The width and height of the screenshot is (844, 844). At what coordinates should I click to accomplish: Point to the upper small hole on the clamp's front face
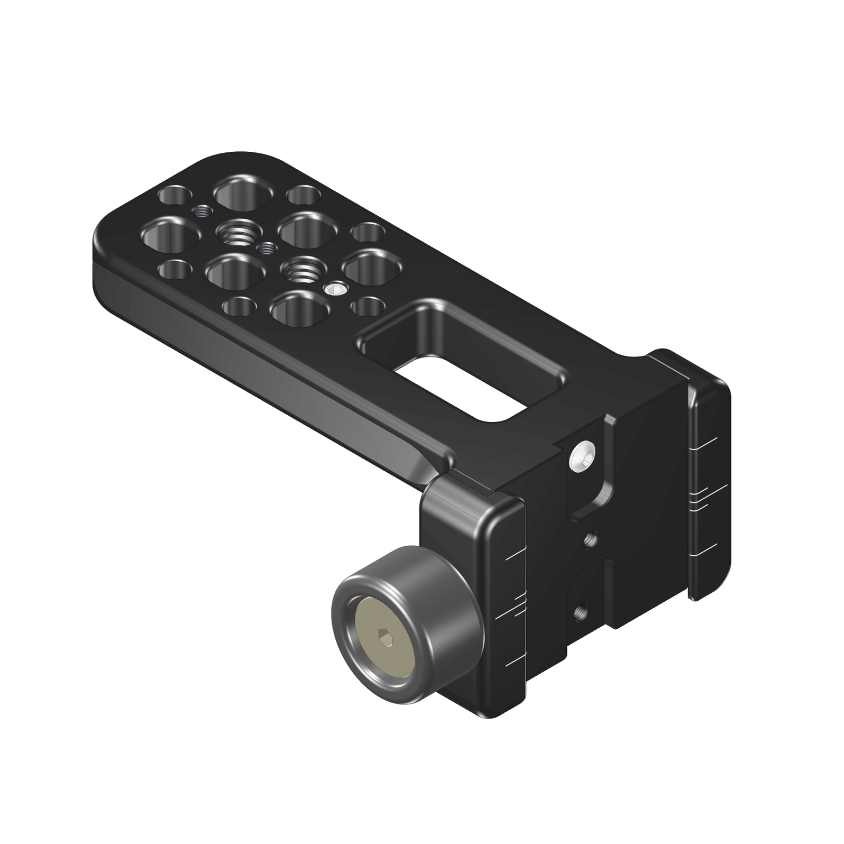[591, 539]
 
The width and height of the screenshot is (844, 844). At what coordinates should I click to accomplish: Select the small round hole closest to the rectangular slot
[368, 306]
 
